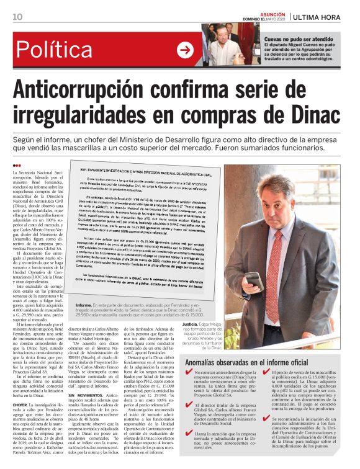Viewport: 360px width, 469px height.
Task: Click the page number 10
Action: click(x=17, y=16)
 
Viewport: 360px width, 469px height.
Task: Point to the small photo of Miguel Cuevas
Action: click(x=230, y=44)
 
